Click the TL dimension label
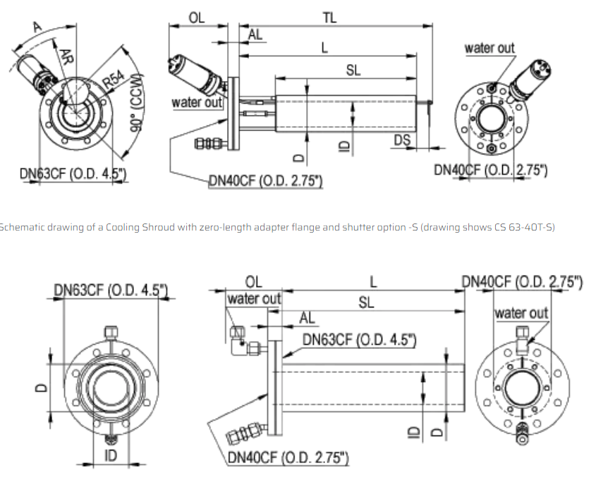[329, 18]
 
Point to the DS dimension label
[402, 140]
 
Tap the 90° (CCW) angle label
[137, 102]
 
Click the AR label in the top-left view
[66, 56]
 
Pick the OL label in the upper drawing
[197, 18]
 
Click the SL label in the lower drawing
[366, 302]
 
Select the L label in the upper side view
[324, 48]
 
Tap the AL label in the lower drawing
[307, 318]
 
